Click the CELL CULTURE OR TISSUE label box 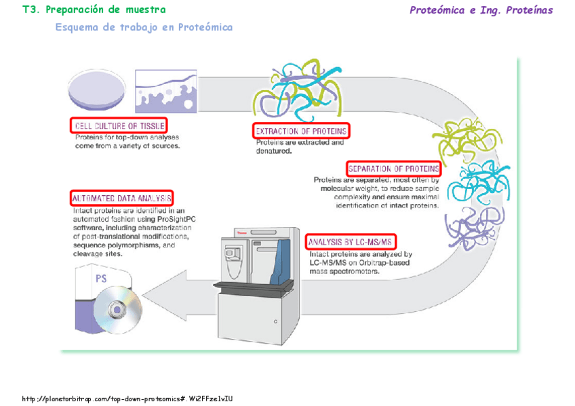point(119,125)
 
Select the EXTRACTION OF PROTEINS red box point(301,130)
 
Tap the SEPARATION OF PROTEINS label point(394,168)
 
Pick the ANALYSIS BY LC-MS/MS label point(351,242)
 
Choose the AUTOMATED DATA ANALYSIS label point(121,199)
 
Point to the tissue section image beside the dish point(165,91)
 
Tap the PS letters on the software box point(101,278)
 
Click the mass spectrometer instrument point(260,279)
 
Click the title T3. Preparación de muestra point(94,10)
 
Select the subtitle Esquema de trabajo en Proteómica point(144,28)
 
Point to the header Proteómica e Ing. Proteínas point(481,10)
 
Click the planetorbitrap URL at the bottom point(127,399)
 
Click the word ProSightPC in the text point(175,220)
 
